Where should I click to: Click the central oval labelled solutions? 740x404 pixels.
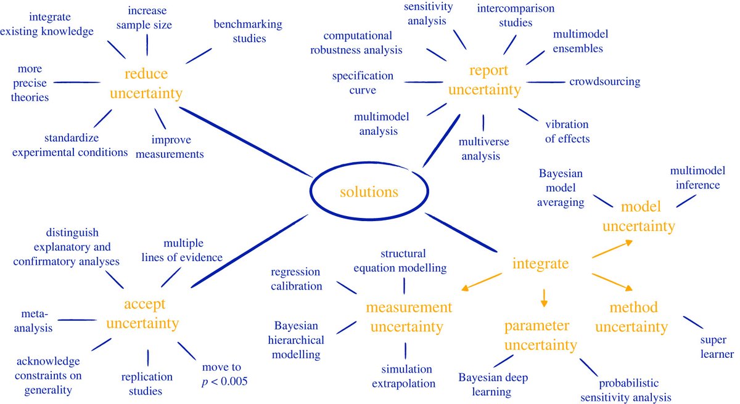pos(369,192)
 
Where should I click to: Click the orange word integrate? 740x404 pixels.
pos(540,264)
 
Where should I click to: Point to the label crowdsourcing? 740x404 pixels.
pos(604,81)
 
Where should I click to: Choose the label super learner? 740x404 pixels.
pos(717,347)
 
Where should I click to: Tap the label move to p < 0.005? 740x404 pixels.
pos(224,374)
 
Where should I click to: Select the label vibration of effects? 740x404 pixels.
pos(567,131)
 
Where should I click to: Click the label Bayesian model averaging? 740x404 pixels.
pos(561,188)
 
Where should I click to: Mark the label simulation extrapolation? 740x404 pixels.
pos(406,376)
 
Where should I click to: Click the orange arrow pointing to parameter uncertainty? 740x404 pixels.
pos(543,299)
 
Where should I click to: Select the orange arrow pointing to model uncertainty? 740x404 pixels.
pos(612,249)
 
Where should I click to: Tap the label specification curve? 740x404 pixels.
pos(363,83)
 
